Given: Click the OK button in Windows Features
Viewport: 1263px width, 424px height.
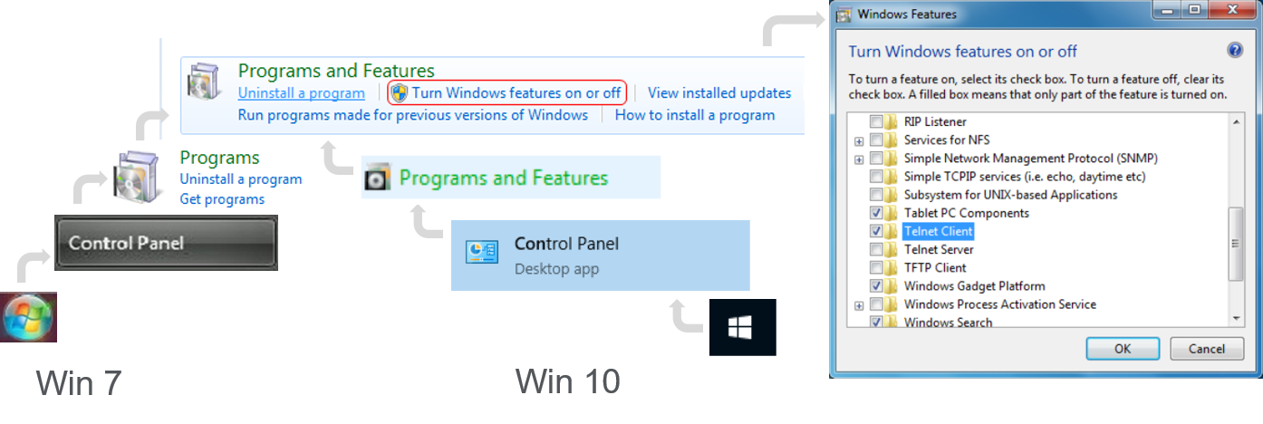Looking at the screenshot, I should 1122,349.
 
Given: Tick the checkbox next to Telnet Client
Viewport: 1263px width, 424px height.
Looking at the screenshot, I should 876,231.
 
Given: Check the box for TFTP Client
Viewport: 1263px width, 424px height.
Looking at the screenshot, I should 876,267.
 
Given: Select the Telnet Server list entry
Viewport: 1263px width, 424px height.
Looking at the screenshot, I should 939,249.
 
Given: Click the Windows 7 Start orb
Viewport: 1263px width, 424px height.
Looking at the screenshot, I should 28,317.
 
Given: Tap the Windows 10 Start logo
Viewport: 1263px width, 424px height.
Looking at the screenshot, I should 742,327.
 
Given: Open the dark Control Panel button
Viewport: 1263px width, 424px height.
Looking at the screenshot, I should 166,243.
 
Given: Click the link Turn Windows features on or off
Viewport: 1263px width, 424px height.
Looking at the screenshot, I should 516,92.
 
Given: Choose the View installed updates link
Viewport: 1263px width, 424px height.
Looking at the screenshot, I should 719,92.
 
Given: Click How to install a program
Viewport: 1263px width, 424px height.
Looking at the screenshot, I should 695,115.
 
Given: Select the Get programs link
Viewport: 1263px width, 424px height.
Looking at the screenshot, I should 222,199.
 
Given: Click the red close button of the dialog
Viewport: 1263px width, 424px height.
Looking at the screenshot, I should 1230,11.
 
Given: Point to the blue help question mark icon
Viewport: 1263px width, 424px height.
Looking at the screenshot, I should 1234,51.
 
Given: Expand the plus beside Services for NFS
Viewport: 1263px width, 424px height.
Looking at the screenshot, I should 858,140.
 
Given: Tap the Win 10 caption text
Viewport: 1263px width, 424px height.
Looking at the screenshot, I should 567,381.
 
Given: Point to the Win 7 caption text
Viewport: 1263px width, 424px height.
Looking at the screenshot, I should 78,383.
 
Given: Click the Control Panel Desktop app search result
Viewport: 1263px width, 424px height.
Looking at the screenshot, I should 600,255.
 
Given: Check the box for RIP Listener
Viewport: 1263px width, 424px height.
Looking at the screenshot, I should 876,121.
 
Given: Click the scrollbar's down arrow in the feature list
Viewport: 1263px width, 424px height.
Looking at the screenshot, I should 1236,318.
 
